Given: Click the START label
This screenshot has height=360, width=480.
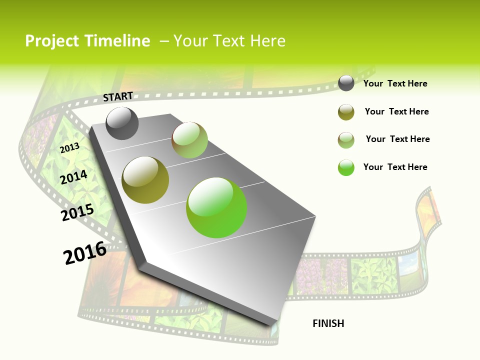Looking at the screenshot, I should [x=118, y=96].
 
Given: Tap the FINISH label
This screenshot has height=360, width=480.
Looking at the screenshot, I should [x=328, y=323].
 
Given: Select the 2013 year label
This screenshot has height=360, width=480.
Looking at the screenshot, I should [x=70, y=147].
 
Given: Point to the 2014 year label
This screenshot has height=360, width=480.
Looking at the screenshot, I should [x=74, y=177].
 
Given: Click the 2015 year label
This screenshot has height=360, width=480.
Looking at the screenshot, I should [x=77, y=212].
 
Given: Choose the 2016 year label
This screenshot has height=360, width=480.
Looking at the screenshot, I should [x=85, y=253].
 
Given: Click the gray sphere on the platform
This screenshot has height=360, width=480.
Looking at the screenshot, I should [x=122, y=123].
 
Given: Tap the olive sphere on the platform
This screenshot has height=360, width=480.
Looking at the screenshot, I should [x=145, y=180].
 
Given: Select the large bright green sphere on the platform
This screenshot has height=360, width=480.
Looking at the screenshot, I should [x=216, y=207].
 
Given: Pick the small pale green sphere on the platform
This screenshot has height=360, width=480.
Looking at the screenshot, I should [x=189, y=140].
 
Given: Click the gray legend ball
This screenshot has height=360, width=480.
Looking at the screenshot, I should [x=346, y=83].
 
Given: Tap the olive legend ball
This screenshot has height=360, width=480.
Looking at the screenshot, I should [x=346, y=112].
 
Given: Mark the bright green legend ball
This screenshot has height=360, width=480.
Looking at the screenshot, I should [x=346, y=167].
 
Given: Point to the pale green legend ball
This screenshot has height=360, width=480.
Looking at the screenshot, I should [x=346, y=140].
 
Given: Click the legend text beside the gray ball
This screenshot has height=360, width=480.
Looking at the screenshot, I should [x=395, y=84].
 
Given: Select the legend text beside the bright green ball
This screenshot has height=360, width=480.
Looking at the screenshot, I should [x=395, y=167].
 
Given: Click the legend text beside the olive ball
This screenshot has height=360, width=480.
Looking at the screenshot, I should [x=396, y=111].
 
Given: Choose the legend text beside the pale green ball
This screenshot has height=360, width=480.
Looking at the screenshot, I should [x=397, y=139].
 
